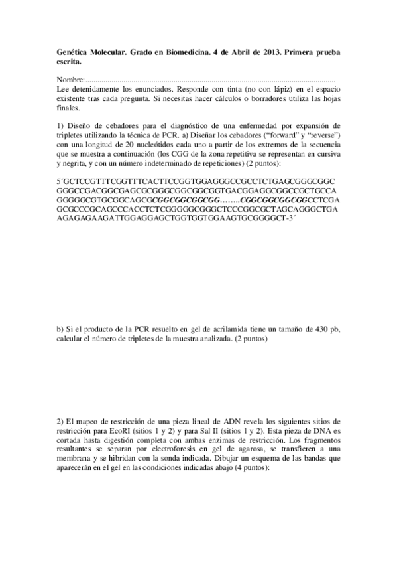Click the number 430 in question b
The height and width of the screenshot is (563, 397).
coord(306,329)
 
